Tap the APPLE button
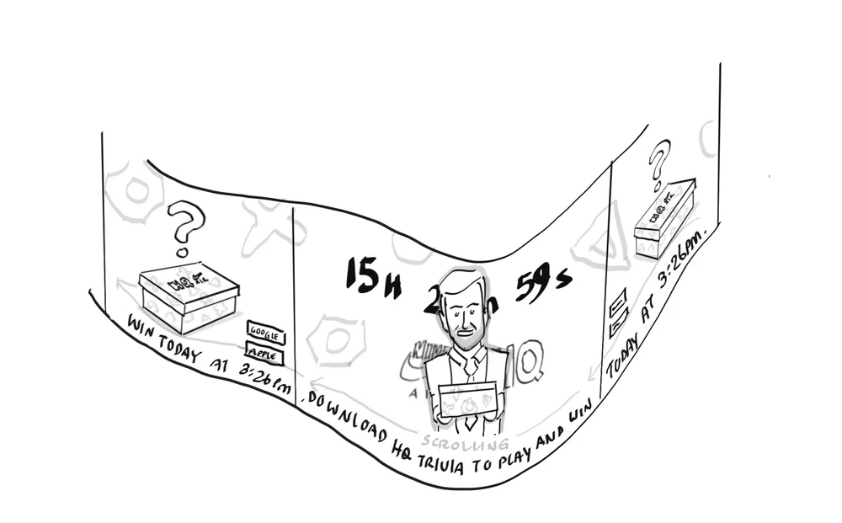(264, 355)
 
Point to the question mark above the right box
(660, 163)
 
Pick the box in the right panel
(664, 219)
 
